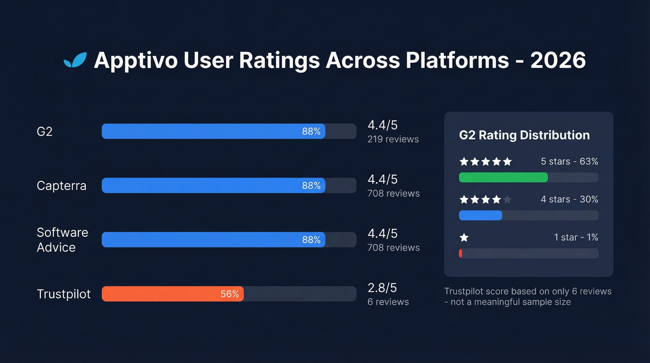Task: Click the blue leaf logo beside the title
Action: point(75,60)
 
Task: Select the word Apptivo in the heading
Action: point(134,61)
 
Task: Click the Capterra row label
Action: point(61,186)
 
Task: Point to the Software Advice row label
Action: point(62,240)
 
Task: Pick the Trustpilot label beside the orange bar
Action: point(64,294)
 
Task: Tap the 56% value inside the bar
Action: point(229,294)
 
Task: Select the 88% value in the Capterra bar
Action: point(311,185)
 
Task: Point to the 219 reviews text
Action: point(393,139)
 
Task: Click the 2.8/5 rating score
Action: point(382,288)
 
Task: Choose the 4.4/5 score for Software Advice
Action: point(382,233)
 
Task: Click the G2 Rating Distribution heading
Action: point(524,135)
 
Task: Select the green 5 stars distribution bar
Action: point(503,177)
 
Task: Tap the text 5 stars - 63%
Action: point(569,162)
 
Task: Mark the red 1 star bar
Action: point(461,253)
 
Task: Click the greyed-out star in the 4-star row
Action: point(507,200)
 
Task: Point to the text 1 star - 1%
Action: point(576,238)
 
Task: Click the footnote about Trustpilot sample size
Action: point(527,297)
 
